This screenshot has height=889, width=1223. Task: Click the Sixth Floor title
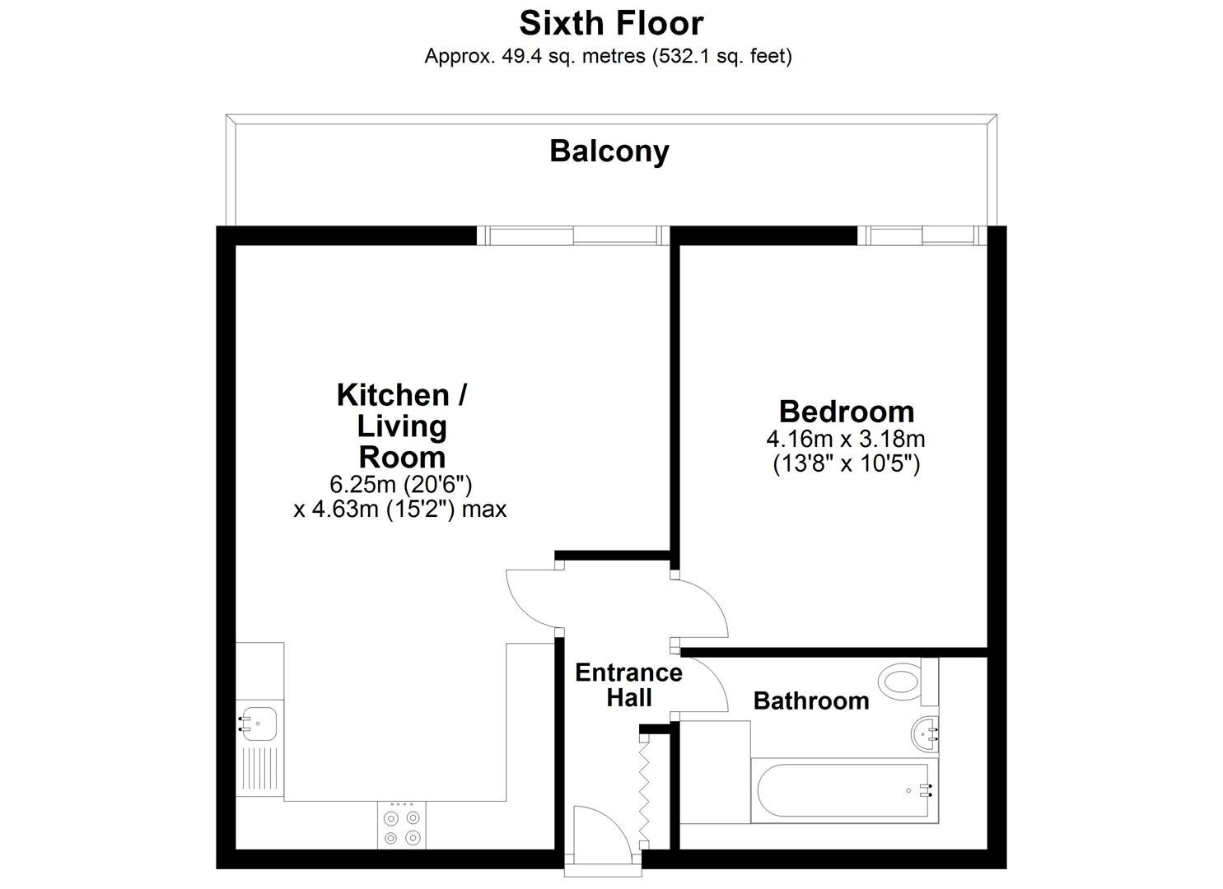[x=611, y=24]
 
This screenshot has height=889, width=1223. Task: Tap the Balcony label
[x=609, y=151]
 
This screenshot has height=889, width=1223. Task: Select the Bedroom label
[x=847, y=412]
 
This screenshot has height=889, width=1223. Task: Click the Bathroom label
[x=811, y=700]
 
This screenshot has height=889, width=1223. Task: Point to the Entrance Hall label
[x=629, y=686]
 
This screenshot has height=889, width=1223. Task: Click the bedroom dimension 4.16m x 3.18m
[x=846, y=439]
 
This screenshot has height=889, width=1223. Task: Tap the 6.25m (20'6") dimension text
[x=401, y=484]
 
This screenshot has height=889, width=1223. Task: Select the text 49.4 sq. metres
[x=573, y=56]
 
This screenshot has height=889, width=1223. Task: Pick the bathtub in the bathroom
[x=844, y=790]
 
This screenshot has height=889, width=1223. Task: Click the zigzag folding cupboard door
[x=645, y=793]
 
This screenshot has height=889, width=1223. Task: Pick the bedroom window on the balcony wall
[x=922, y=235]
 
